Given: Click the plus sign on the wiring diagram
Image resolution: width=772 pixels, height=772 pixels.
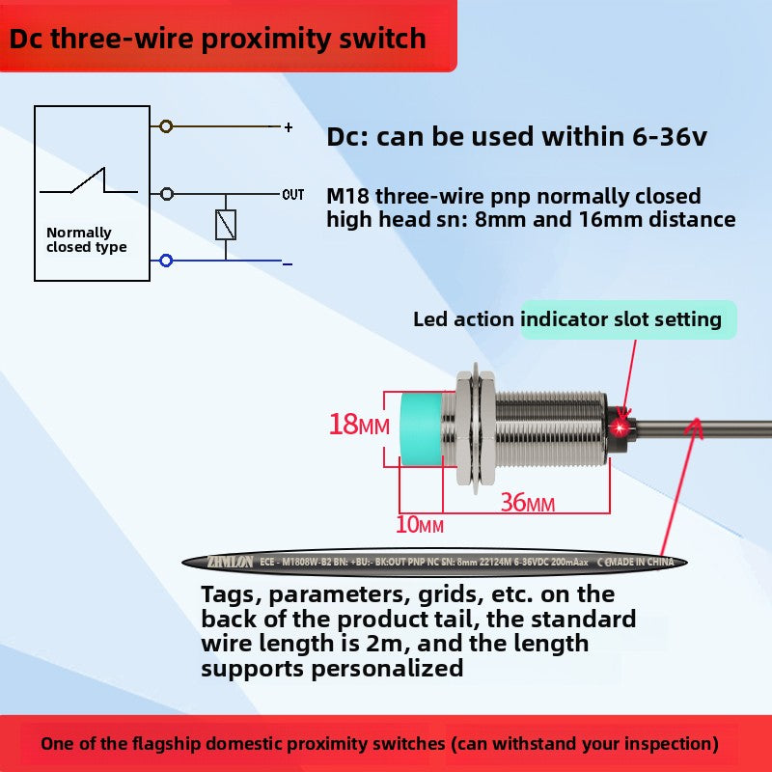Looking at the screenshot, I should click(x=288, y=127).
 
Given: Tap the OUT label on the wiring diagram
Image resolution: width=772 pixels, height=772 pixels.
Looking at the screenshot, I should click(x=293, y=195).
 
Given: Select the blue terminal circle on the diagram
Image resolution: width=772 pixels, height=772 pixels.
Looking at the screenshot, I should click(x=167, y=261).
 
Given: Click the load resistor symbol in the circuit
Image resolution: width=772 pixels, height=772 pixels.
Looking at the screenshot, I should click(x=226, y=226).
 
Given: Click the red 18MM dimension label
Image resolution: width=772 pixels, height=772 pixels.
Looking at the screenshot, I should click(x=358, y=424).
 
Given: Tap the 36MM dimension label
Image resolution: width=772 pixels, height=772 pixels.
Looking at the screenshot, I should click(x=527, y=503).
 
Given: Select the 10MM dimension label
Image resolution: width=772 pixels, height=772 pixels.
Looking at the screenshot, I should click(x=420, y=525).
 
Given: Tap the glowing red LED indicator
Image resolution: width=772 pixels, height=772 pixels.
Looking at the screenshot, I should click(x=621, y=425).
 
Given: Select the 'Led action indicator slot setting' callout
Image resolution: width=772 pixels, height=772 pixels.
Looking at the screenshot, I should click(x=567, y=319).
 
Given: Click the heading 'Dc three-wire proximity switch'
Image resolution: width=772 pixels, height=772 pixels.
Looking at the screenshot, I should click(x=218, y=38).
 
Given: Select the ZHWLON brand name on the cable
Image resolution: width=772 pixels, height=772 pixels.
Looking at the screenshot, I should click(x=229, y=562).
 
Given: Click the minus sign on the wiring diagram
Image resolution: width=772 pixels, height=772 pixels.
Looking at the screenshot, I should click(x=288, y=262).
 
